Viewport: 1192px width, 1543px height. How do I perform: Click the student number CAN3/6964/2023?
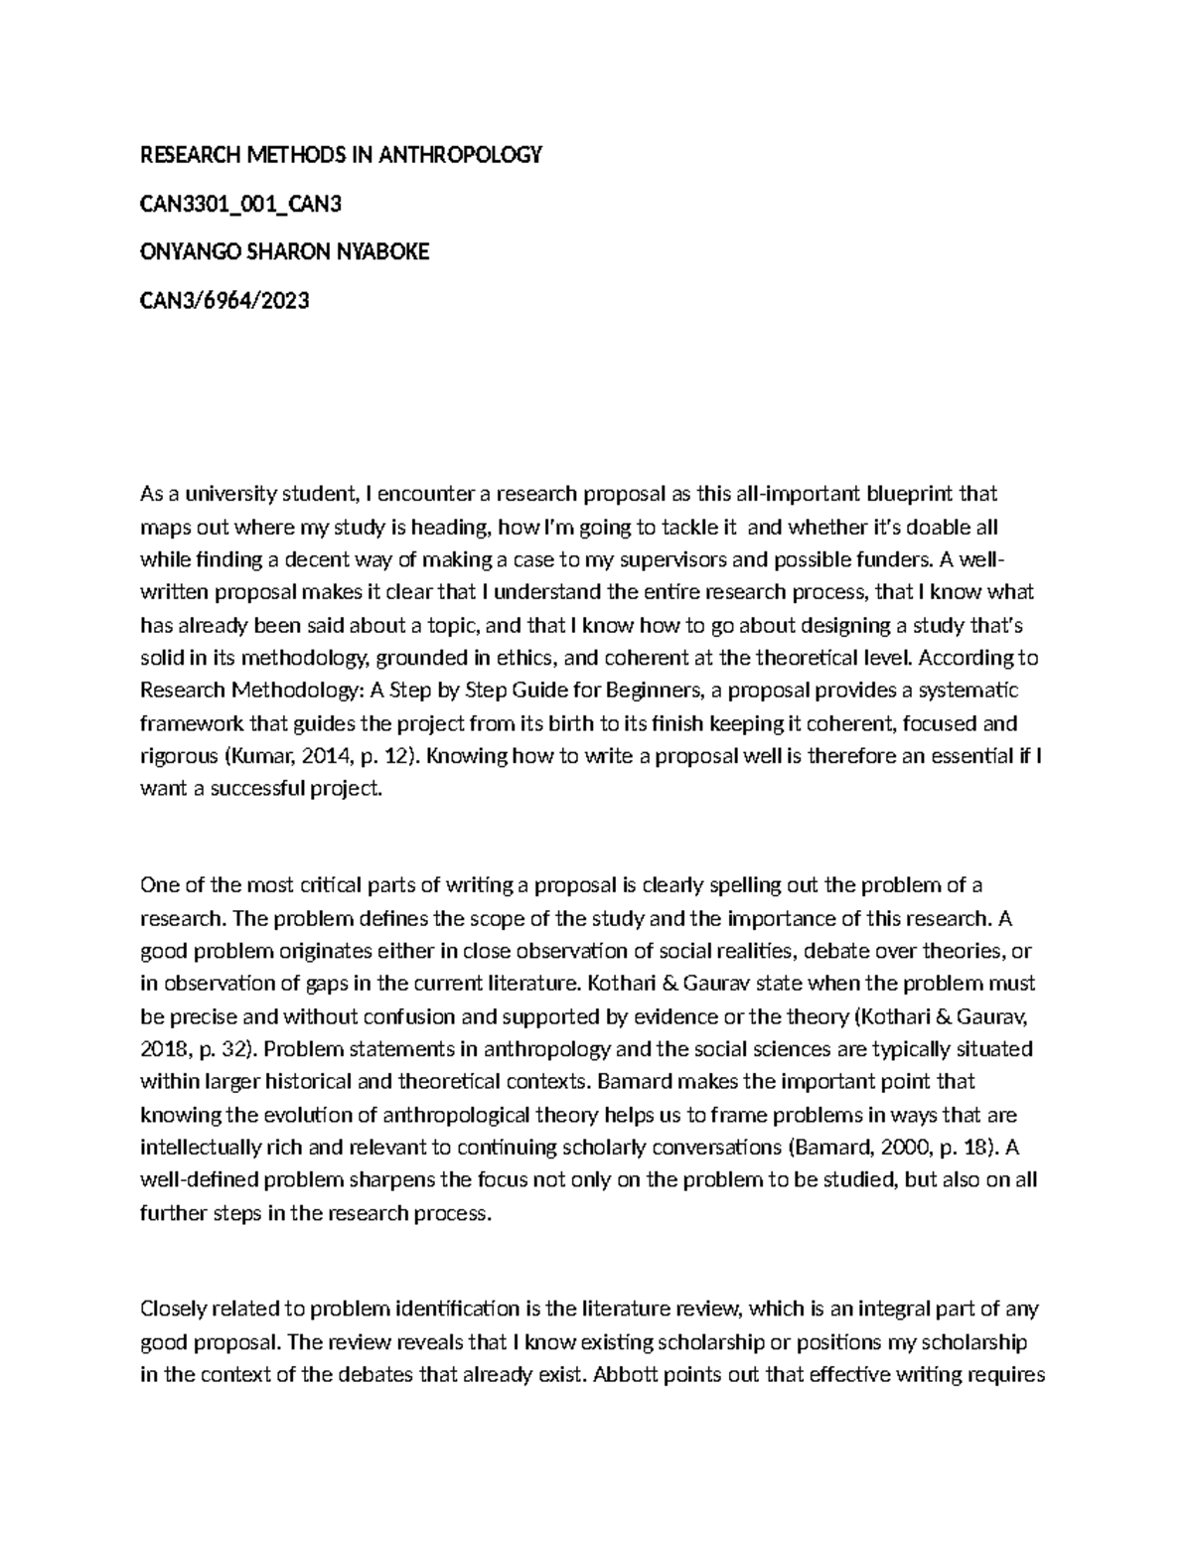pos(225,300)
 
